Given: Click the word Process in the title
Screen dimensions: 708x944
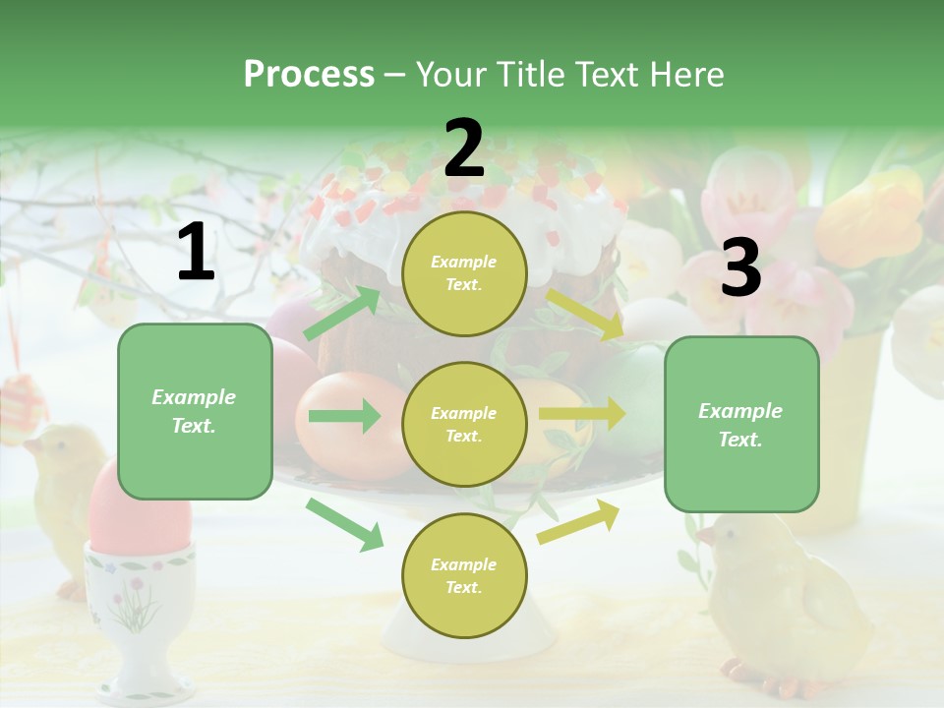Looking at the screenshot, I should (x=309, y=75).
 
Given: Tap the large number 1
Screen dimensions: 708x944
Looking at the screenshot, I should (x=196, y=253).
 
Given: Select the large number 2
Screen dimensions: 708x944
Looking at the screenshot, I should (x=464, y=147).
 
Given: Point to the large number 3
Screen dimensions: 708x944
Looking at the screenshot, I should (x=740, y=268).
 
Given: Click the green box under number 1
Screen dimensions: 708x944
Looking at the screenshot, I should (x=195, y=411).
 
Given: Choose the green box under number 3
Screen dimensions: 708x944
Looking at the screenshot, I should (x=741, y=424).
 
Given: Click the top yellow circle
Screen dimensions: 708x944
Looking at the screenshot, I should (x=464, y=273).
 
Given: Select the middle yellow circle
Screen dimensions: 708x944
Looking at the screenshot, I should (x=464, y=424).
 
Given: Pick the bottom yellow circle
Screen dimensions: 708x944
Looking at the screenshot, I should (x=464, y=575).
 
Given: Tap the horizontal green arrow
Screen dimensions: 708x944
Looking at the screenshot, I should (x=344, y=416).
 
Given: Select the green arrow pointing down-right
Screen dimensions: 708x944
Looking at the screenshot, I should (x=344, y=523).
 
